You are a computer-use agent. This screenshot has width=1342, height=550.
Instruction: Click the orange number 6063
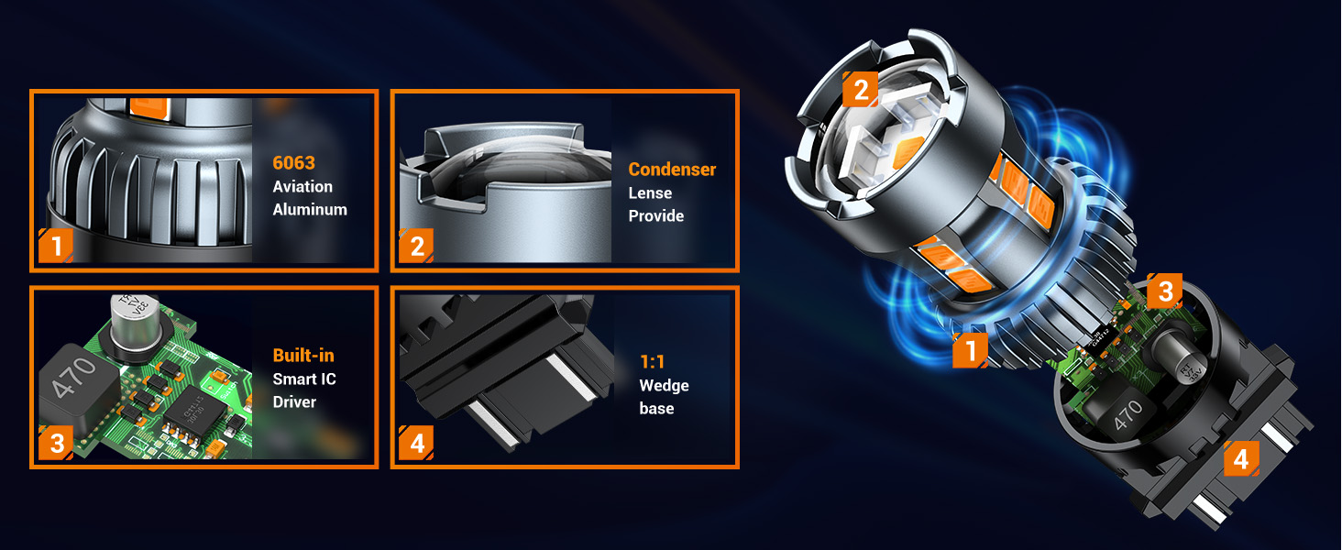293,163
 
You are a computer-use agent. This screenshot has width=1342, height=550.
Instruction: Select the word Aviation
302,186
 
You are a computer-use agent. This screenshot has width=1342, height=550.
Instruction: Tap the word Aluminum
310,209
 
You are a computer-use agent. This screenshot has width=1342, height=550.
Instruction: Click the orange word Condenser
672,170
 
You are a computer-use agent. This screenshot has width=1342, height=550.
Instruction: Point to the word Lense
650,193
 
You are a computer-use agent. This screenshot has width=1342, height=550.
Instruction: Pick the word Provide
655,216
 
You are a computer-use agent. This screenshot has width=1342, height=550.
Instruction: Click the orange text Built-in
302,356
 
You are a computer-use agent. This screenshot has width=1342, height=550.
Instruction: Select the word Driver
294,401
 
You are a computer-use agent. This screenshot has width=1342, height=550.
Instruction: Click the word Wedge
664,385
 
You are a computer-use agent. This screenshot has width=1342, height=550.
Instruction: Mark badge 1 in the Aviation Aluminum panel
56,246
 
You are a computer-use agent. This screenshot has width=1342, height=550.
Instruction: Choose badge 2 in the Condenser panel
417,246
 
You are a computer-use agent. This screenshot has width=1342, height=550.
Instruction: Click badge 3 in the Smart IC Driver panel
56,444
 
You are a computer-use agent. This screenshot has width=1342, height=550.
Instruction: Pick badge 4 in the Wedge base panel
417,444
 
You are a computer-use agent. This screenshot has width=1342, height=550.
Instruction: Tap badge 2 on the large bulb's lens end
860,90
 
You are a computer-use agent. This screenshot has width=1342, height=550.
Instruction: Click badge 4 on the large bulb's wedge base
1240,458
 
